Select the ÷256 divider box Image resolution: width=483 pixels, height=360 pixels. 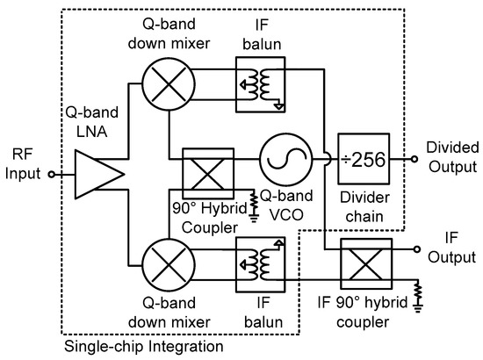coord(364,160)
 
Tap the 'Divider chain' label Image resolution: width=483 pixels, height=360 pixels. coord(363,205)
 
